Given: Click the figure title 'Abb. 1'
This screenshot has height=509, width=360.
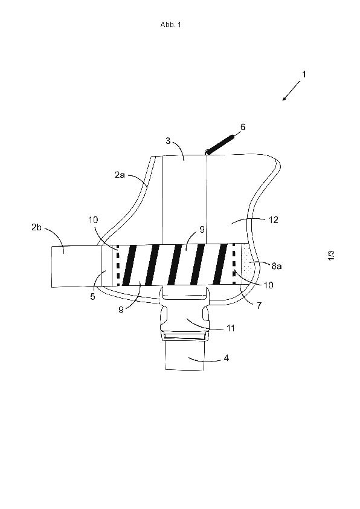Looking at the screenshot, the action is click(x=170, y=25).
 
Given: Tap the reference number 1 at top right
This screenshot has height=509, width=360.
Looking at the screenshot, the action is click(x=304, y=74).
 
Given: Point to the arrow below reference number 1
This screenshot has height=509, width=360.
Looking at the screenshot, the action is click(x=291, y=91).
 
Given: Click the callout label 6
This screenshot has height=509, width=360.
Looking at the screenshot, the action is click(x=243, y=126).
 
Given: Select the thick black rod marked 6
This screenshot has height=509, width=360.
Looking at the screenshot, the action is click(x=220, y=144).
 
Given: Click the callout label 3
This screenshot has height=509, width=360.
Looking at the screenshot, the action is click(x=168, y=141).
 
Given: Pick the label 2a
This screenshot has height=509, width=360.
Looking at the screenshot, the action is click(x=120, y=175).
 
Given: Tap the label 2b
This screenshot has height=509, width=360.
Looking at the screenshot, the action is click(x=36, y=227).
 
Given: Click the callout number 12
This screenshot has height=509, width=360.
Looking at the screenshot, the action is click(x=274, y=220).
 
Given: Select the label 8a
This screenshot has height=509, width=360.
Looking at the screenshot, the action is click(x=276, y=266).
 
